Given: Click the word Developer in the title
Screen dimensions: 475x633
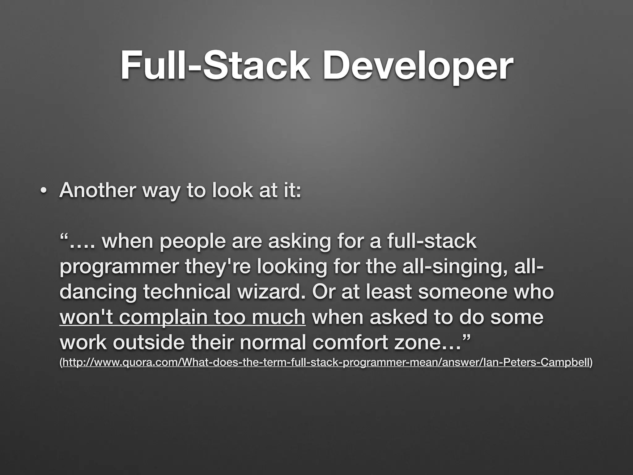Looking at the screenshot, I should click(417, 66).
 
